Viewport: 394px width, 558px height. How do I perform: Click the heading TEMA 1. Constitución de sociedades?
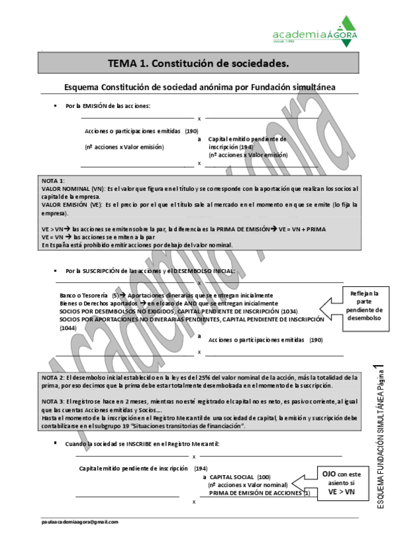pyautogui.click(x=198, y=64)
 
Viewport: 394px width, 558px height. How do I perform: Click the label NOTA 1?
pyautogui.click(x=53, y=180)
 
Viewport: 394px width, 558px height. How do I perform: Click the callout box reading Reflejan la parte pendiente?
pyautogui.click(x=364, y=305)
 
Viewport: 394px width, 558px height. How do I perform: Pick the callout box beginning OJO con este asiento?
pyautogui.click(x=341, y=482)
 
